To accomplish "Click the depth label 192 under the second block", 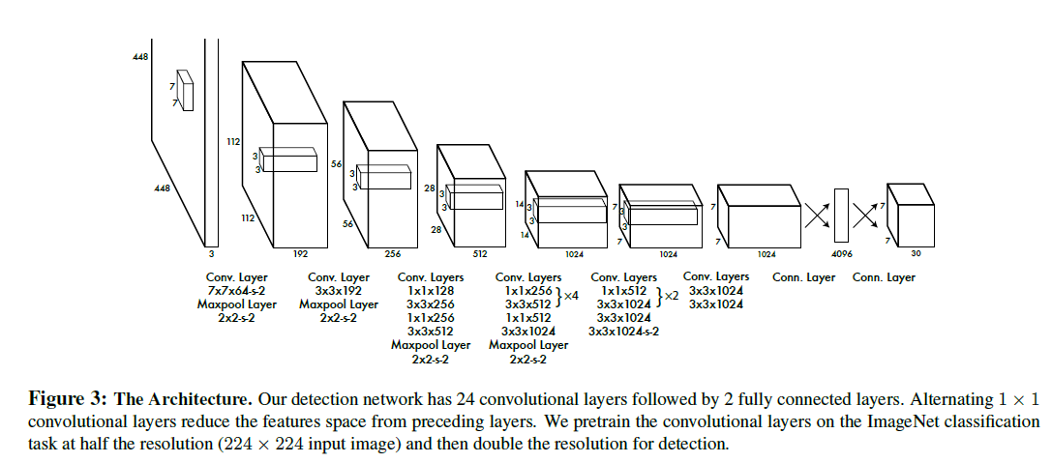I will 301,253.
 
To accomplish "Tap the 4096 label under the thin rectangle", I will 840,254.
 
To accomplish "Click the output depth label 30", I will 916,254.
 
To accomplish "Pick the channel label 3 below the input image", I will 211,254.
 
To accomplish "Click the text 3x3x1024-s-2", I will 624,332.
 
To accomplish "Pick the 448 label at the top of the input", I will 140,58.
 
